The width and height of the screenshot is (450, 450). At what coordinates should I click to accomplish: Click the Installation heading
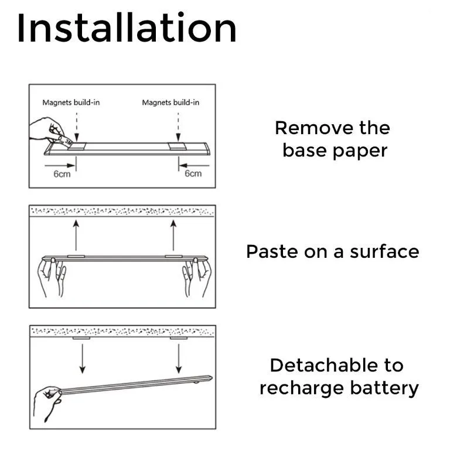(127, 28)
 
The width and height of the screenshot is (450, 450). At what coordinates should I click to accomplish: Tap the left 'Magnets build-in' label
(71, 103)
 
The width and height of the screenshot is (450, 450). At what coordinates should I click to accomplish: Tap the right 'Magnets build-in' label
(171, 103)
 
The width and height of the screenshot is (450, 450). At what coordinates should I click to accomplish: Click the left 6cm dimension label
(62, 173)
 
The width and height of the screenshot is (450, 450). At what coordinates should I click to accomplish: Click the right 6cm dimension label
(193, 173)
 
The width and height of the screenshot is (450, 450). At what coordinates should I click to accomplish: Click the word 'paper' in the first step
(363, 151)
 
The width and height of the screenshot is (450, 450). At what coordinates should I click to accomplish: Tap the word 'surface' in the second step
(384, 251)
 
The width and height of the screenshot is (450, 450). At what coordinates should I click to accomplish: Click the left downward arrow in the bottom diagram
(82, 358)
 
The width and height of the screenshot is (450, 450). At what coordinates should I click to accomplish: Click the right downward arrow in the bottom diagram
(179, 358)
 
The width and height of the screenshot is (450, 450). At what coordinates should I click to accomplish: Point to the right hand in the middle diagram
(196, 278)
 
